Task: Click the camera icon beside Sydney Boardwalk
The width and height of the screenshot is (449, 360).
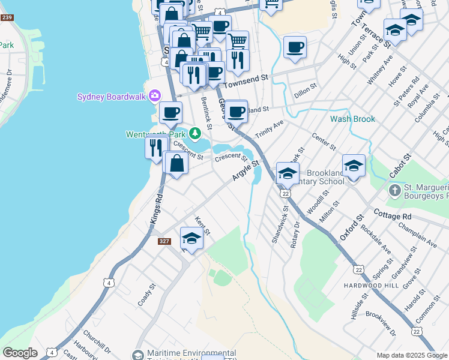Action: [x=155, y=96]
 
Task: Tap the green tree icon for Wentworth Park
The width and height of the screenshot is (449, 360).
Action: [x=194, y=133]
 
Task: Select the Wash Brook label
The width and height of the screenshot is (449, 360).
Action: [x=352, y=119]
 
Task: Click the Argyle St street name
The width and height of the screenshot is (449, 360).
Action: [x=246, y=171]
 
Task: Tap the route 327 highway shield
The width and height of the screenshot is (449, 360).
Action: [x=164, y=241]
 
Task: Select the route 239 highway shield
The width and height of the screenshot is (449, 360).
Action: [x=7, y=17]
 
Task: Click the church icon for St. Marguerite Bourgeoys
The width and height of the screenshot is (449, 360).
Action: [x=394, y=191]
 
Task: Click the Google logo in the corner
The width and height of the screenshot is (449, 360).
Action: [x=20, y=353]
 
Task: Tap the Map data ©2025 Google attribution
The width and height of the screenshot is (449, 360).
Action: [x=412, y=355]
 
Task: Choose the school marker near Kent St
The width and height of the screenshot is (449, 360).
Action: [x=191, y=238]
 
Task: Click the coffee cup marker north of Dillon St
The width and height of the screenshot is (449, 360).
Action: [x=295, y=47]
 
